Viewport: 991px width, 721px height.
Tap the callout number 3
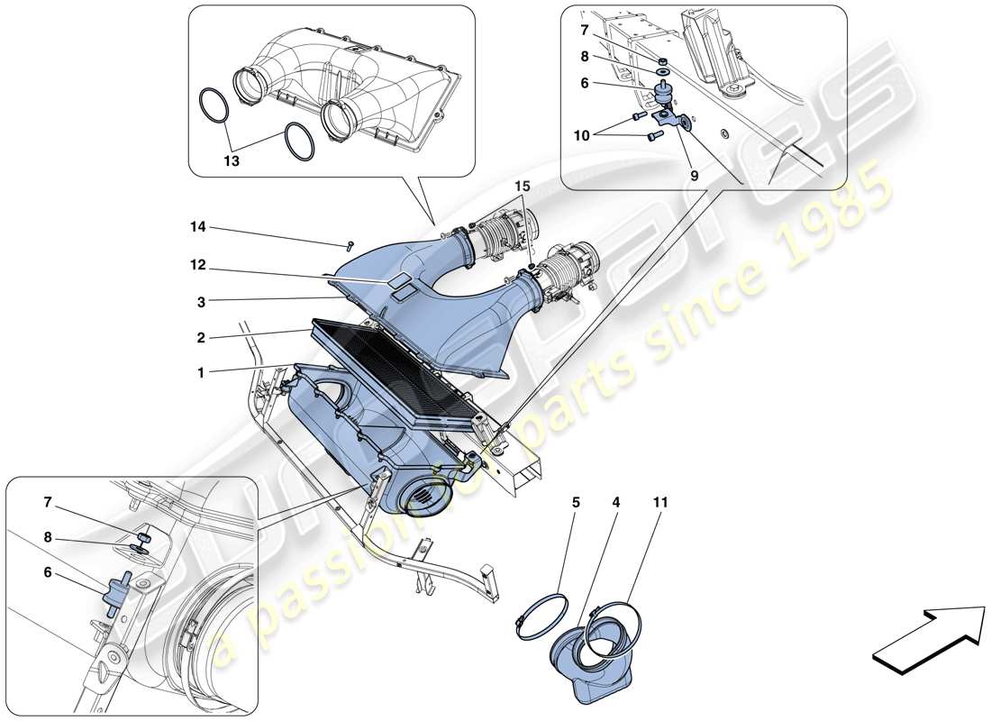coord(204,301)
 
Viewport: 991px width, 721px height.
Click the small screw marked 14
coord(349,244)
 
